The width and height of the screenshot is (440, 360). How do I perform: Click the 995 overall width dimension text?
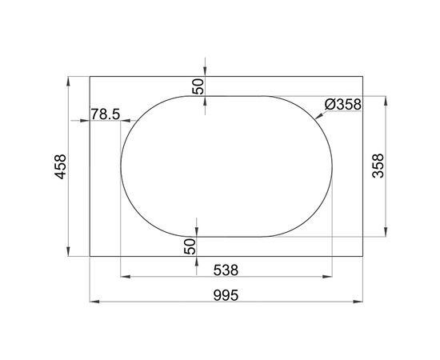226,294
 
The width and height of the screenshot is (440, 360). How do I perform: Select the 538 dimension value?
226,270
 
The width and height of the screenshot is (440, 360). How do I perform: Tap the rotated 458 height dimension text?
60,166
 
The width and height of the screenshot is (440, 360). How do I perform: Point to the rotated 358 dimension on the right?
378,166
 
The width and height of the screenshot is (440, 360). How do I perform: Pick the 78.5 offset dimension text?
105,114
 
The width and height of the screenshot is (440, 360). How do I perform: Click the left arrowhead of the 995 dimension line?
93,302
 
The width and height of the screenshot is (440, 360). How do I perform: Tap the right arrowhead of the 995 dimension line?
362,302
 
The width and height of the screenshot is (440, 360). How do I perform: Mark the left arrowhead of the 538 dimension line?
123,278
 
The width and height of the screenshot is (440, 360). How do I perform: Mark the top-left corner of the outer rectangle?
90,76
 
